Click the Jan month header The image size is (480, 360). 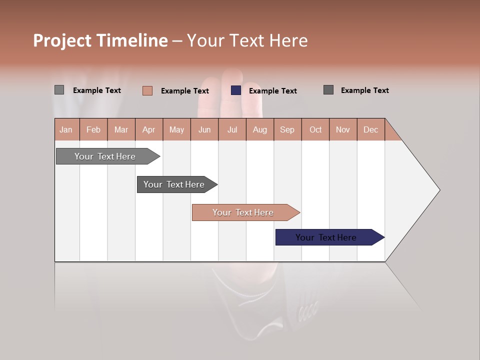coord(66,129)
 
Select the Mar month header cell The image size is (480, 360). coord(121,129)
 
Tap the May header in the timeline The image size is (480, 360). coord(176,129)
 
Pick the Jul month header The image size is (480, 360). coord(232,129)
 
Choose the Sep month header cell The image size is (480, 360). coord(287,129)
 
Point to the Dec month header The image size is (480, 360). coord(370,129)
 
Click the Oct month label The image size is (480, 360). coord(315,129)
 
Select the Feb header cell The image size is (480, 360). coord(93,129)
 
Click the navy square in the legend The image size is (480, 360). coord(236,90)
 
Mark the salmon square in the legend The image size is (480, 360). coord(147,90)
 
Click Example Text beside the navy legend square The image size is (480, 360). coord(272,91)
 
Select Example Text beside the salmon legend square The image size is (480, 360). coord(184,91)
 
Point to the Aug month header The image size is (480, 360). coord(259,129)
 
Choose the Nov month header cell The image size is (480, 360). coord(342,129)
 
